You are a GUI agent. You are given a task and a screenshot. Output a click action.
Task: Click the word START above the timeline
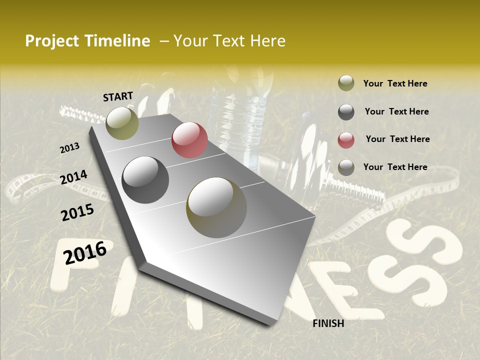pyautogui.click(x=118, y=96)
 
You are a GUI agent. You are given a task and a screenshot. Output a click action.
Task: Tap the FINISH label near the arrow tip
pyautogui.click(x=328, y=323)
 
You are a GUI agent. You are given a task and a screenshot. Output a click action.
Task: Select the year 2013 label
pyautogui.click(x=69, y=148)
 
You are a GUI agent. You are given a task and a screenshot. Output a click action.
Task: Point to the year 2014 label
pyautogui.click(x=73, y=177)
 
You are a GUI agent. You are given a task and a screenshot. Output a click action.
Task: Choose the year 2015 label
pyautogui.click(x=77, y=212)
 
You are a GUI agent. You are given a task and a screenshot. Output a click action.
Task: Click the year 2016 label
pyautogui.click(x=85, y=252)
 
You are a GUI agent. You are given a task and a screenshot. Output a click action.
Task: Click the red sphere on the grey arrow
pyautogui.click(x=189, y=140)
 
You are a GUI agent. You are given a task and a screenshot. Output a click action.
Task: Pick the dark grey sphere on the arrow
pyautogui.click(x=145, y=179)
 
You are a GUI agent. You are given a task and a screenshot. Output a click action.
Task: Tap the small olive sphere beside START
pyautogui.click(x=122, y=123)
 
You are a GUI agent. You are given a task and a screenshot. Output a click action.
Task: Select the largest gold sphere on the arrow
pyautogui.click(x=216, y=207)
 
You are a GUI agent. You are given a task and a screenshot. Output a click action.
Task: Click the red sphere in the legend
pyautogui.click(x=346, y=140)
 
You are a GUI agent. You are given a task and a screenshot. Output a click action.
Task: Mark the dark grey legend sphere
pyautogui.click(x=346, y=112)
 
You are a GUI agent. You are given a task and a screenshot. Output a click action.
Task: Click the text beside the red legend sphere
pyautogui.click(x=397, y=139)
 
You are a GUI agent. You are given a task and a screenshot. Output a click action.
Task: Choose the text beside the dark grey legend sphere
pyautogui.click(x=396, y=111)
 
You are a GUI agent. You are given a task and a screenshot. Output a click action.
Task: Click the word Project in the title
pyautogui.click(x=52, y=41)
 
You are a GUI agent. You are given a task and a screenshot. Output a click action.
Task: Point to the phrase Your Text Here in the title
pyautogui.click(x=229, y=41)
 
